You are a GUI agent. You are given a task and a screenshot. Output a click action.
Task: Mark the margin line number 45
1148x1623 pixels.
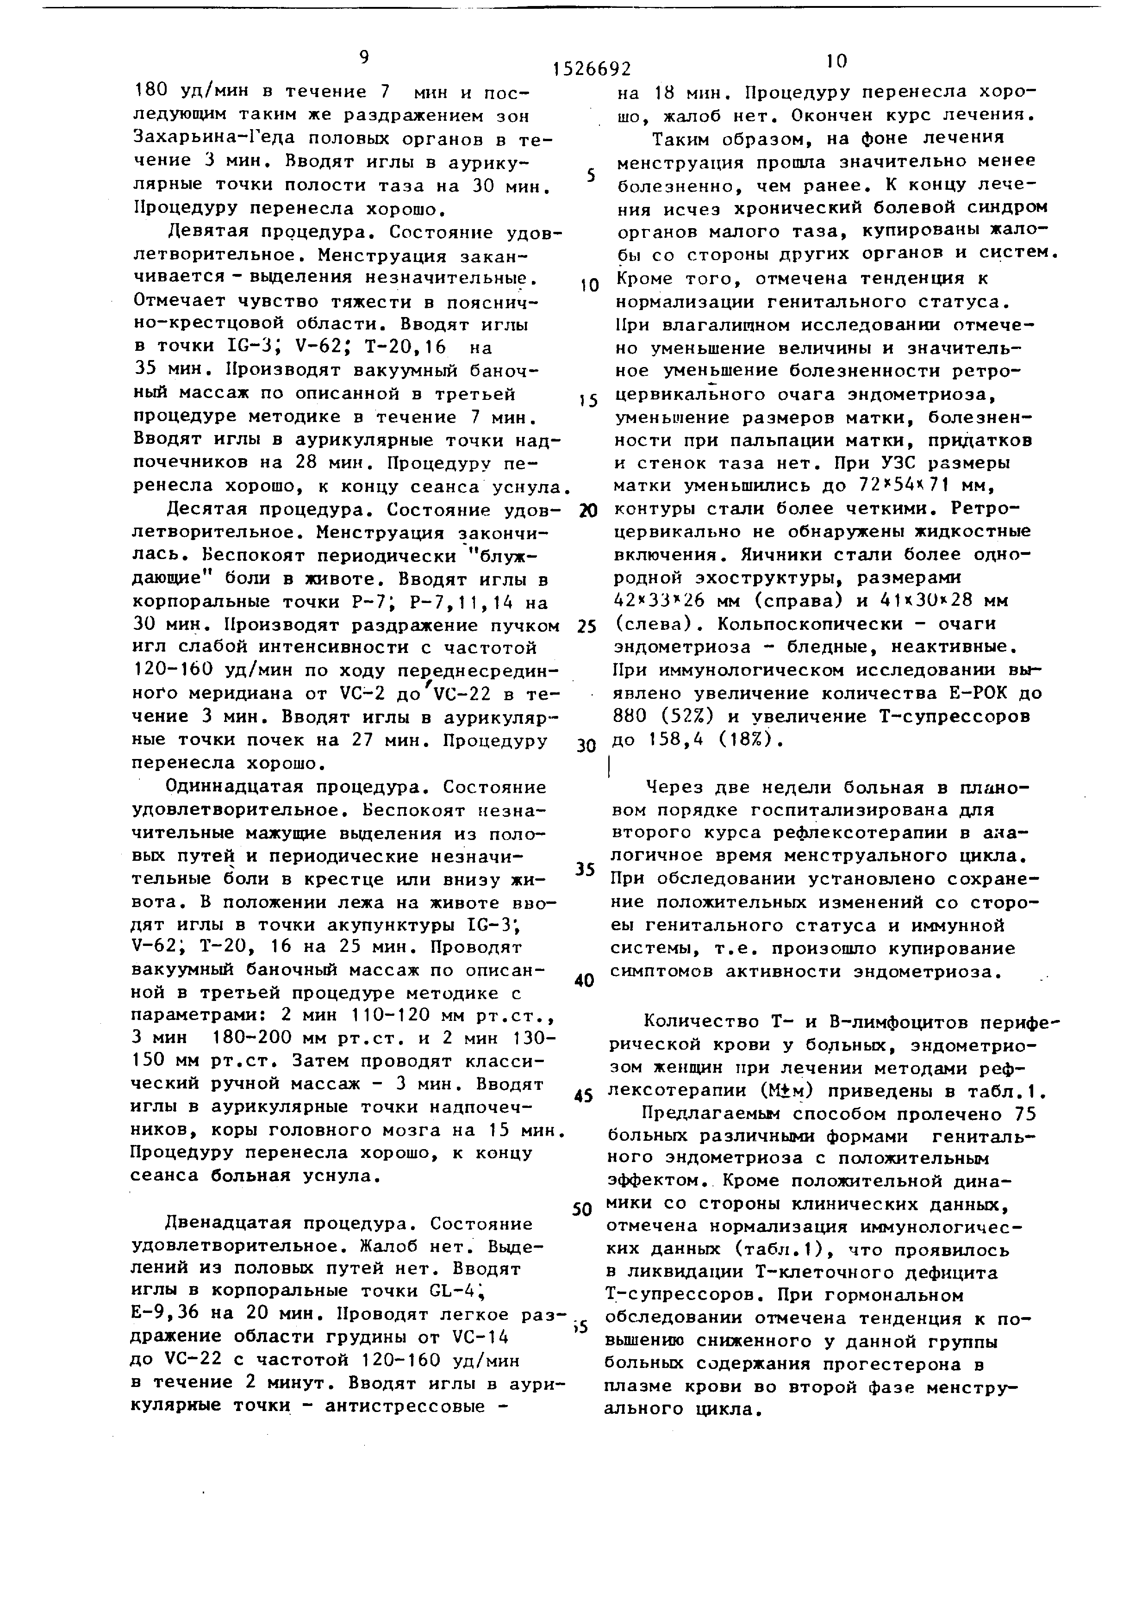583,1097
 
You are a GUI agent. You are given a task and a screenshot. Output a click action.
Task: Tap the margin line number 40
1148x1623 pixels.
584,981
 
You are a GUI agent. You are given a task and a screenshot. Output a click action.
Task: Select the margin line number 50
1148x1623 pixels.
582,1209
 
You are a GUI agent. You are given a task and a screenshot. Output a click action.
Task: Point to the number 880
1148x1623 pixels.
631,717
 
